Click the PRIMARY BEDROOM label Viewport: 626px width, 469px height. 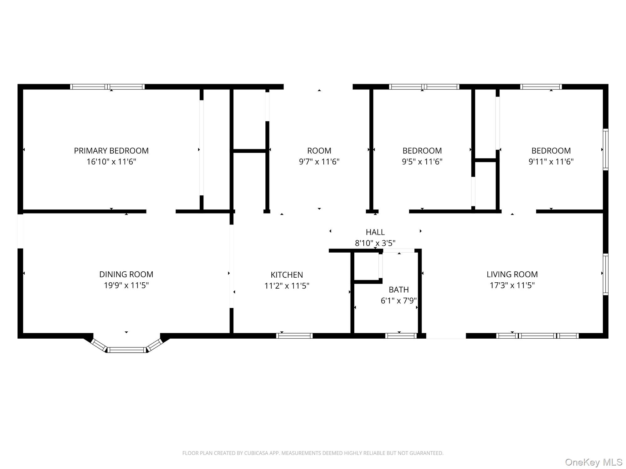coord(111,151)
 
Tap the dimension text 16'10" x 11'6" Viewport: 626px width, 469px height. coord(111,162)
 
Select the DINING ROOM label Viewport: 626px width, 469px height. coord(126,274)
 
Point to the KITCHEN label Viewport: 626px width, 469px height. coord(287,275)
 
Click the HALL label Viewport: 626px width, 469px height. coord(375,232)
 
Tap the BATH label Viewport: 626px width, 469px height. coord(398,290)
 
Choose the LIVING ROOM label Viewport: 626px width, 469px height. coord(512,274)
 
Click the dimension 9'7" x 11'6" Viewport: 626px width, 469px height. coord(319,162)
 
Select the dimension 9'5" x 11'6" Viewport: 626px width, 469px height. coord(422,162)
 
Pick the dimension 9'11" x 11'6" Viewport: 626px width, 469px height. coord(551,162)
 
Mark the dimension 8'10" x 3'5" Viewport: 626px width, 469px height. coord(375,243)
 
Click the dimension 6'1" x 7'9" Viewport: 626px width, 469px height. coord(398,300)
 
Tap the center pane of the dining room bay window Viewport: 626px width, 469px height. coord(127,350)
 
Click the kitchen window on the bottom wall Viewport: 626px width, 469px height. coord(294,336)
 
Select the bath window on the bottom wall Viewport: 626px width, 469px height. coord(401,336)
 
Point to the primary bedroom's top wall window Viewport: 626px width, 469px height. coord(107,87)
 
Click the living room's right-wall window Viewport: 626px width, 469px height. coord(606,274)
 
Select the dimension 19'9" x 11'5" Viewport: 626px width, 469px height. coord(126,285)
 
